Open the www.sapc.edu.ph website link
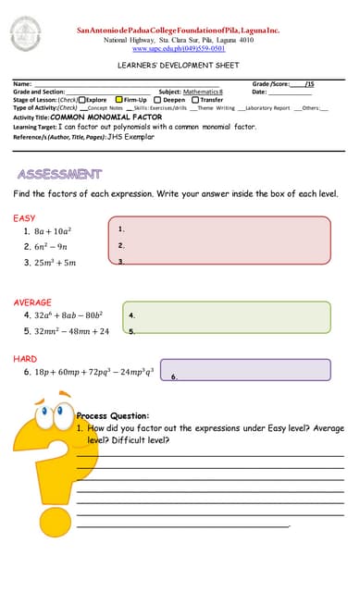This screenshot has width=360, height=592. (179, 48)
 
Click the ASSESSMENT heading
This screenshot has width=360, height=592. (59, 174)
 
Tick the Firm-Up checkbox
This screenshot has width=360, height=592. (118, 100)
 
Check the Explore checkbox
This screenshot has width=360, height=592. (82, 100)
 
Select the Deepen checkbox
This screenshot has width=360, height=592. (158, 100)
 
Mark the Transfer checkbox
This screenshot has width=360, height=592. (194, 100)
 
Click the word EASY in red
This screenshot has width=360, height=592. (24, 218)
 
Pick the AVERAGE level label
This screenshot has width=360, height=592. (32, 302)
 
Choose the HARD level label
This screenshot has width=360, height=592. (25, 358)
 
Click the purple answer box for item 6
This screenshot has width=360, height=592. (245, 369)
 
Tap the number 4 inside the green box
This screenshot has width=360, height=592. (132, 315)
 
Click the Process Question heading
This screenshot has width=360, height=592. (112, 416)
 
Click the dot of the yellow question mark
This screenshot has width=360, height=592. (37, 557)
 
